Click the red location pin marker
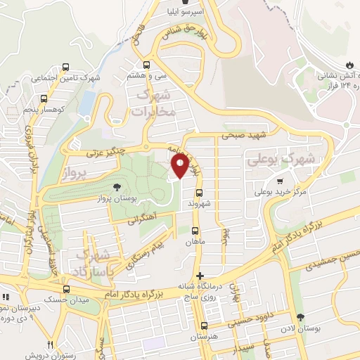pos(180,165)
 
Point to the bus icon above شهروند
pos(199,192)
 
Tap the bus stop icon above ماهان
pos(195,230)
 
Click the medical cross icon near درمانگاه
pos(200,276)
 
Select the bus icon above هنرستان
pos(204,326)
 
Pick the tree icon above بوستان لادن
pos(301,317)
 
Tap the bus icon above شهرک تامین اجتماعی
pos(65,67)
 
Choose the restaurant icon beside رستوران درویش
pos(50,345)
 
